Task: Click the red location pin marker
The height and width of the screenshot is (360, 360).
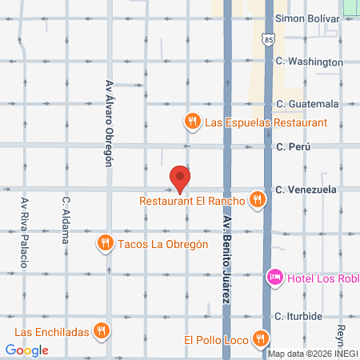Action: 180,178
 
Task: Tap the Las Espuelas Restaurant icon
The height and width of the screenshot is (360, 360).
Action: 192,122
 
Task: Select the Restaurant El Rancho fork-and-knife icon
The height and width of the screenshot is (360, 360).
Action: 257,200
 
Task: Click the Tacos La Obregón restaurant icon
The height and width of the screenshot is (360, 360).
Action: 105,243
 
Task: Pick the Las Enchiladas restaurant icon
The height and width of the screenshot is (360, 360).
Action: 100,330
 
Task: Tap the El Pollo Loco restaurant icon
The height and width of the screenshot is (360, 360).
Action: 258,338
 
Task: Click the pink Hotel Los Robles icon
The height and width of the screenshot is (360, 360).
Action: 274,277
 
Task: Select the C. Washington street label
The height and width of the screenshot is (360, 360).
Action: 309,62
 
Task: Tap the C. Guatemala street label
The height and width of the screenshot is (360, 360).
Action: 307,104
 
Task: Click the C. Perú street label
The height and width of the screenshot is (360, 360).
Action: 292,146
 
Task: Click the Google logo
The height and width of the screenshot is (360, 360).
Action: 26,350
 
